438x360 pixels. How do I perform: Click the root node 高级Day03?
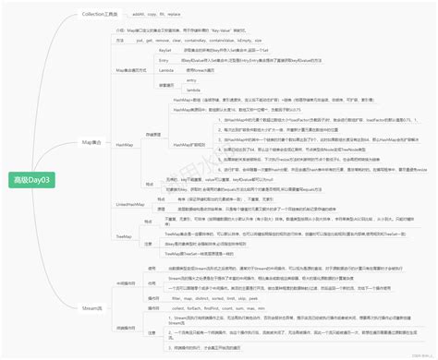[x=33, y=179]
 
